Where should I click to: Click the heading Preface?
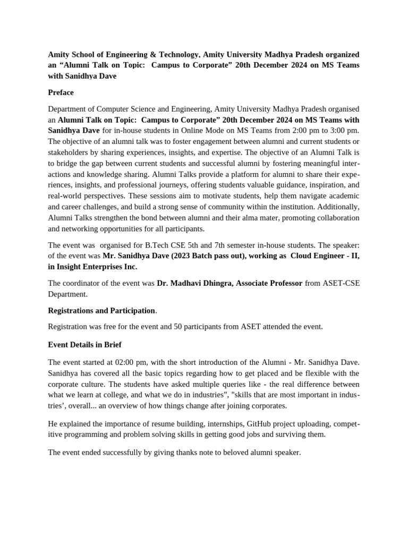pos(61,92)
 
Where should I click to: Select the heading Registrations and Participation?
pos(101,310)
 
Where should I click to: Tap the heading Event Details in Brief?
pos(84,344)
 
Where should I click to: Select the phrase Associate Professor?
pos(268,283)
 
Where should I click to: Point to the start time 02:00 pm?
pos(139,362)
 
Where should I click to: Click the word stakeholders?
pos(70,152)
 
